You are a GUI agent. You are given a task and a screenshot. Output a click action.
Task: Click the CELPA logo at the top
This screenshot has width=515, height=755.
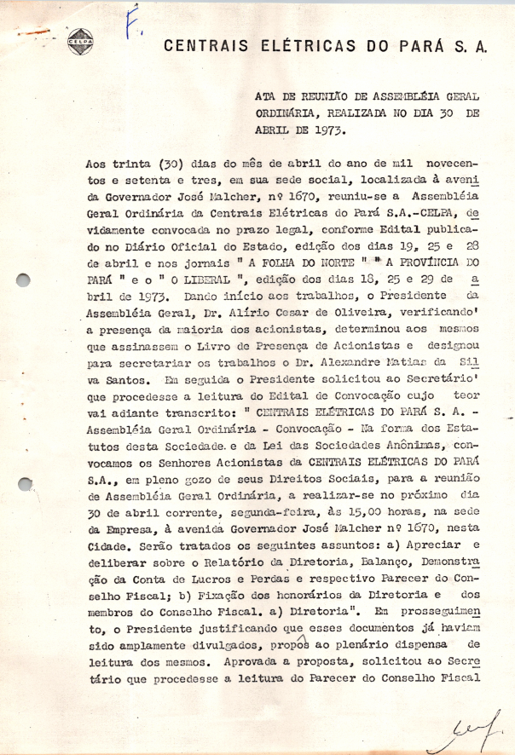81,40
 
